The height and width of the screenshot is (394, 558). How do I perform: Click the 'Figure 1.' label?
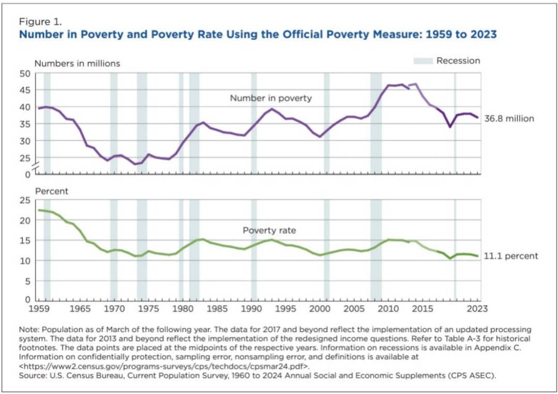[40, 22]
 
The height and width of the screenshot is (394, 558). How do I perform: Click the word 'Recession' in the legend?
[458, 61]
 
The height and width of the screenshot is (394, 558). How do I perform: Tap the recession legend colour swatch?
[423, 61]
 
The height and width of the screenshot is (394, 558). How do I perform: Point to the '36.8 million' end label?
[509, 118]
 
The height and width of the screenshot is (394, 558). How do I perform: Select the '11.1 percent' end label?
[510, 256]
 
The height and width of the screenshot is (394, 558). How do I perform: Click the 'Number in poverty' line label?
[271, 98]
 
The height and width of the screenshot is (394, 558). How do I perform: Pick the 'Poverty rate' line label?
[269, 231]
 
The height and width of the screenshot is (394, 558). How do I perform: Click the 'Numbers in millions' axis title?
[77, 64]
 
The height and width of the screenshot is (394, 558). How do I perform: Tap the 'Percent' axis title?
[52, 191]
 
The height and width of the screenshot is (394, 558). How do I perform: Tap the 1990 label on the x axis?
[251, 309]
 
